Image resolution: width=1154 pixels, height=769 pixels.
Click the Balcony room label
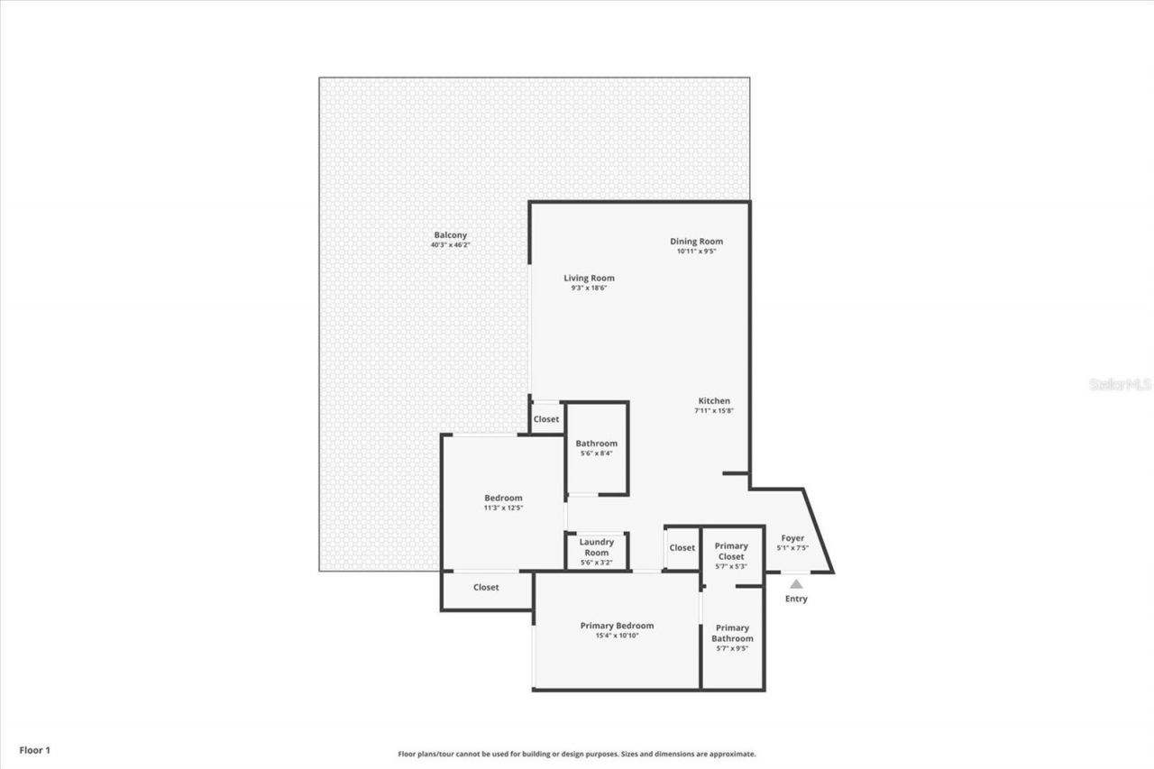[450, 235]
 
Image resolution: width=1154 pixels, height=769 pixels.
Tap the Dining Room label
[696, 241]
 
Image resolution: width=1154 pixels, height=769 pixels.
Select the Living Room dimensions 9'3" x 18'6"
[589, 288]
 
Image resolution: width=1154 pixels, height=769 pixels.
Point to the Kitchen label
[714, 401]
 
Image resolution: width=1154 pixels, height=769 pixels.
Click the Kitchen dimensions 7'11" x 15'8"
[714, 411]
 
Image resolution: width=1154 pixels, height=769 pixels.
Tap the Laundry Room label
[596, 547]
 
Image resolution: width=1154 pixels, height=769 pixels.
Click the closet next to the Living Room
[545, 419]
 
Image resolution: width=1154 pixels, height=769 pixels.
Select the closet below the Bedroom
[486, 588]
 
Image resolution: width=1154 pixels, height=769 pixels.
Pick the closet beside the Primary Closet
[682, 548]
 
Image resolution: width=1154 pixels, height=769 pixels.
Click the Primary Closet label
[731, 551]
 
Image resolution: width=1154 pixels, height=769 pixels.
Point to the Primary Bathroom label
[732, 633]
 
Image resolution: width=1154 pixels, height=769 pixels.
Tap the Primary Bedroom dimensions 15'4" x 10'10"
[617, 636]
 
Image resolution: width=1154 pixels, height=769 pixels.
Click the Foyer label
[792, 538]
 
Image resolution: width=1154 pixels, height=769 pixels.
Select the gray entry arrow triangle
[796, 584]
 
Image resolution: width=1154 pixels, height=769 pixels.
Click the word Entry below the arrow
[796, 599]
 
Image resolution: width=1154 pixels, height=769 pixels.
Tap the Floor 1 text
[35, 750]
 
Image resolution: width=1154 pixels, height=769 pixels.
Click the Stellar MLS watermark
[1120, 384]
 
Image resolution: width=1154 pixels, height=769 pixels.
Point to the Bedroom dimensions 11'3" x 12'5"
[503, 508]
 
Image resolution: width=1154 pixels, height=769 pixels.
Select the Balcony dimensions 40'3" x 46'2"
[450, 245]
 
